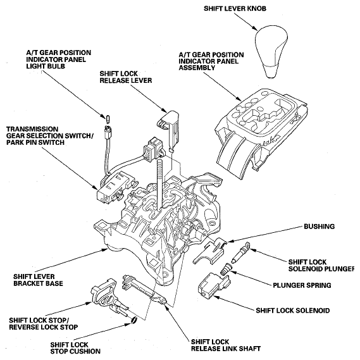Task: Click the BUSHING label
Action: [320, 226]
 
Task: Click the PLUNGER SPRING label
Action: [302, 286]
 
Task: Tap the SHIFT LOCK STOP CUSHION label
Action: [71, 349]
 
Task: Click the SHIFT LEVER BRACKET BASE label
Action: [40, 280]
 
